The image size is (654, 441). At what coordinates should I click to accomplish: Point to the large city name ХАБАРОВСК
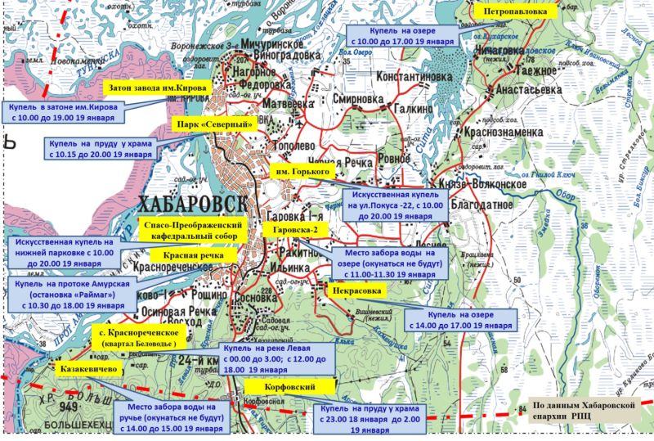(x=180, y=202)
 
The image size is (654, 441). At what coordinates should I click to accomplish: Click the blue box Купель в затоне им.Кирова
(x=62, y=113)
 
